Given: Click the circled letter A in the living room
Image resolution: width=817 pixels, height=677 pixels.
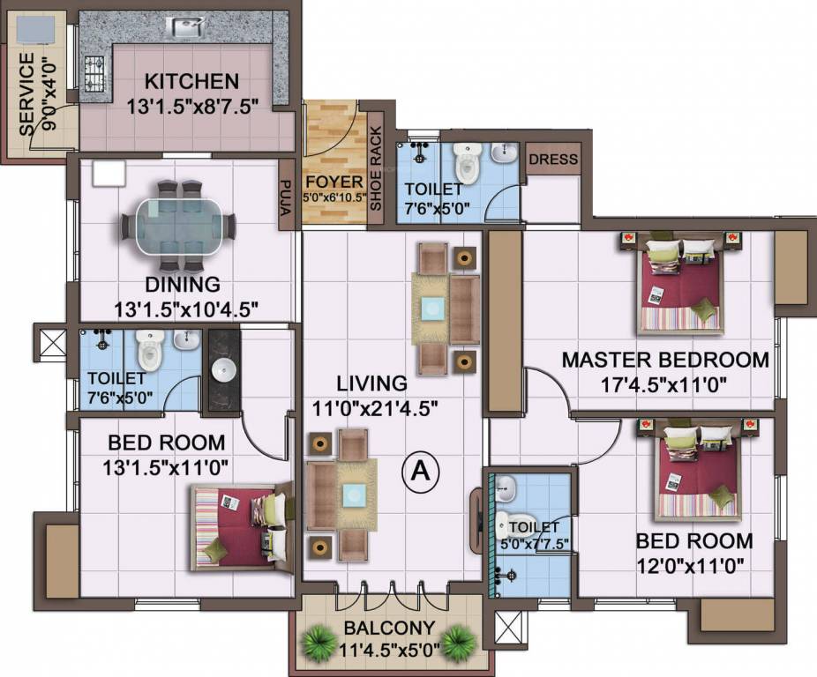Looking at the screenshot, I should [x=421, y=472].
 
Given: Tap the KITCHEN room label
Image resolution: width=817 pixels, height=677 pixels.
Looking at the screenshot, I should [x=191, y=82].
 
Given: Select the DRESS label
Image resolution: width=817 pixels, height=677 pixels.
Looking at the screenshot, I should [x=554, y=160].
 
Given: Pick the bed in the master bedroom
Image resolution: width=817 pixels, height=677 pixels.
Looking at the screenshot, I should [x=680, y=282].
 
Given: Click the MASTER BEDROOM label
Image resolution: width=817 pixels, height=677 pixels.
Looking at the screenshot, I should [x=665, y=360].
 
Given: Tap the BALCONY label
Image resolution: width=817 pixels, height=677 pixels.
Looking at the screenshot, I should [x=389, y=629].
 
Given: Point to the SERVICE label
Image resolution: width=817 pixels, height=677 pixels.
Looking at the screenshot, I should [x=27, y=93].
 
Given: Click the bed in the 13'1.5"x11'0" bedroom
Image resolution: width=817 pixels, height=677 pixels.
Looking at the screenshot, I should [x=240, y=527].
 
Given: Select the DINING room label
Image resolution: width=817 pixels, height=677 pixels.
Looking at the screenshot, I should [x=184, y=285].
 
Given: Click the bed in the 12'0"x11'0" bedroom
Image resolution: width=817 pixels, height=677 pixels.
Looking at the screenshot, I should [x=696, y=473].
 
